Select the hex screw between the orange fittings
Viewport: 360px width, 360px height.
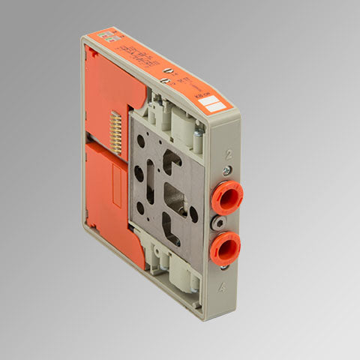pos(218,223)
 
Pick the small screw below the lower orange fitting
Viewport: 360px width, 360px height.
pos(223,267)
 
